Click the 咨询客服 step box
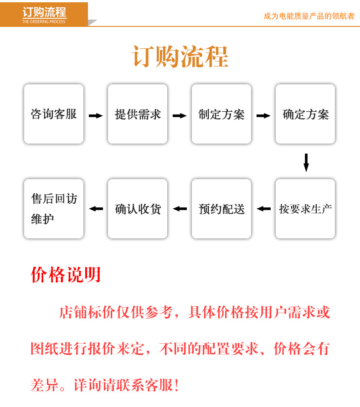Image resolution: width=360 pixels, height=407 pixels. (54, 114)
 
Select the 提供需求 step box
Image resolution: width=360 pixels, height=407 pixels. (138, 114)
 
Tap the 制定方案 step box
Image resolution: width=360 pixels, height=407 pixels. (221, 114)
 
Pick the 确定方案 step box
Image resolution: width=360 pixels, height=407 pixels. (305, 114)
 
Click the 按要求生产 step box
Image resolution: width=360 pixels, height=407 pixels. (305, 209)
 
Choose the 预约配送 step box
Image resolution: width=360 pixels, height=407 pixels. (221, 209)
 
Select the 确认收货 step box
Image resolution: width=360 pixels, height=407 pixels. (138, 209)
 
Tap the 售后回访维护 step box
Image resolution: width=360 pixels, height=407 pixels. (54, 209)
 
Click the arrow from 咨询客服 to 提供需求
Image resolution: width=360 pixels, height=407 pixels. (96, 116)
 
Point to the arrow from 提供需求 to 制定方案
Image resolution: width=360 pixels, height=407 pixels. (180, 116)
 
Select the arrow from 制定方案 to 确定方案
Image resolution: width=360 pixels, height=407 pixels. (263, 116)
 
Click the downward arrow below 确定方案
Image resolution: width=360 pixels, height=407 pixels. (306, 162)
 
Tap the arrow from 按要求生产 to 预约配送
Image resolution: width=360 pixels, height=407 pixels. (263, 209)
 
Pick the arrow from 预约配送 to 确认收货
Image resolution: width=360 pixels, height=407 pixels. (180, 209)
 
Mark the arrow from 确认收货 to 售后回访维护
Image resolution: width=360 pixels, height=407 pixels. (96, 209)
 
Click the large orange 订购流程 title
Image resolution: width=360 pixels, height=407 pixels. (180, 57)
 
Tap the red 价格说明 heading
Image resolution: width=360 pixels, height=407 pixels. (66, 275)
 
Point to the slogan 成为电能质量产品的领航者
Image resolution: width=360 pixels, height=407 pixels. (309, 16)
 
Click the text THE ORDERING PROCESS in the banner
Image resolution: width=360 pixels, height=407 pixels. (44, 21)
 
